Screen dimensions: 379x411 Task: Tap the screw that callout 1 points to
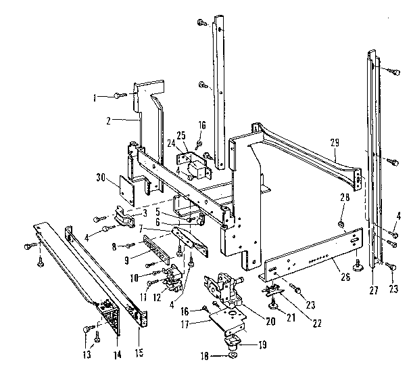pyautogui.click(x=119, y=97)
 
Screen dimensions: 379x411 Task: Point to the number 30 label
pyautogui.click(x=101, y=179)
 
